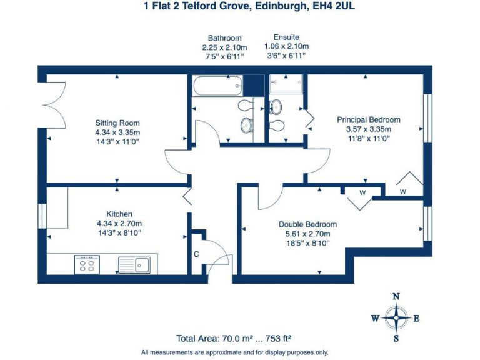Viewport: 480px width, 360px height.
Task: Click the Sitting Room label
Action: point(117,122)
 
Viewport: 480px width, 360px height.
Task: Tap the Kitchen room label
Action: point(119,214)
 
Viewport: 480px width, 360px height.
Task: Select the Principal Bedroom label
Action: point(369,119)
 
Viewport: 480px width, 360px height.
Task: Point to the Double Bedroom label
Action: point(307,224)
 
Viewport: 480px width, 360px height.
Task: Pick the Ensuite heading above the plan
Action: point(286,38)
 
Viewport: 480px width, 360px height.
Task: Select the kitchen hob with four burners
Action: point(86,264)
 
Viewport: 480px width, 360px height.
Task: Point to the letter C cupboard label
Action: point(196,254)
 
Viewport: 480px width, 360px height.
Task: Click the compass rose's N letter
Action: point(395,297)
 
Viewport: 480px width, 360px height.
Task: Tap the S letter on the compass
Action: point(396,339)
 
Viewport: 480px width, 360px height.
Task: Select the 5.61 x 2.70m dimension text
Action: point(307,234)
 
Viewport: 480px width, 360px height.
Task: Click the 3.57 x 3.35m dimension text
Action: point(369,129)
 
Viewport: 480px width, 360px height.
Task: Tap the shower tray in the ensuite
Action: point(286,85)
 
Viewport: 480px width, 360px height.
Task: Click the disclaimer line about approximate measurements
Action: point(234,352)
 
